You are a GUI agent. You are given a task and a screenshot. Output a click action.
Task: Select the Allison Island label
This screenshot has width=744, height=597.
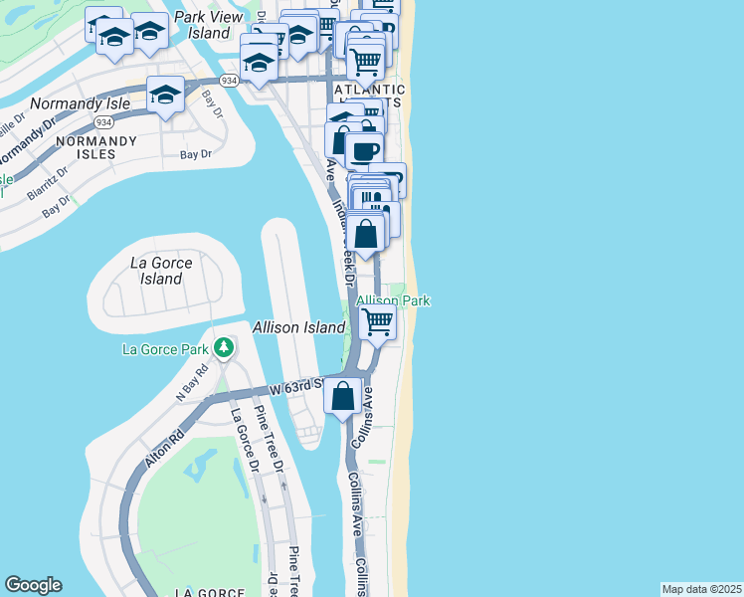(298, 327)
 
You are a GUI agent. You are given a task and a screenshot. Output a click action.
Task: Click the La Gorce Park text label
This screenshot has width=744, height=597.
(165, 349)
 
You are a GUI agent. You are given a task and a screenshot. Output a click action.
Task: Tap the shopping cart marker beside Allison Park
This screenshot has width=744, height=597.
(378, 321)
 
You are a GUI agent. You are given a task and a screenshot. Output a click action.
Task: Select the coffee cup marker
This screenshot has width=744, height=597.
(364, 150)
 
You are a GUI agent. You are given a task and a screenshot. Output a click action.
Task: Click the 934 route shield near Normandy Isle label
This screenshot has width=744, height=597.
(101, 121)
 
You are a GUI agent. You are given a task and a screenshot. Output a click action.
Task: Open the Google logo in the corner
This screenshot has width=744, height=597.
(33, 585)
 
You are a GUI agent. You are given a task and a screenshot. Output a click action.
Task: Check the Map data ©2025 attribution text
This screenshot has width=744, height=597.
(701, 589)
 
